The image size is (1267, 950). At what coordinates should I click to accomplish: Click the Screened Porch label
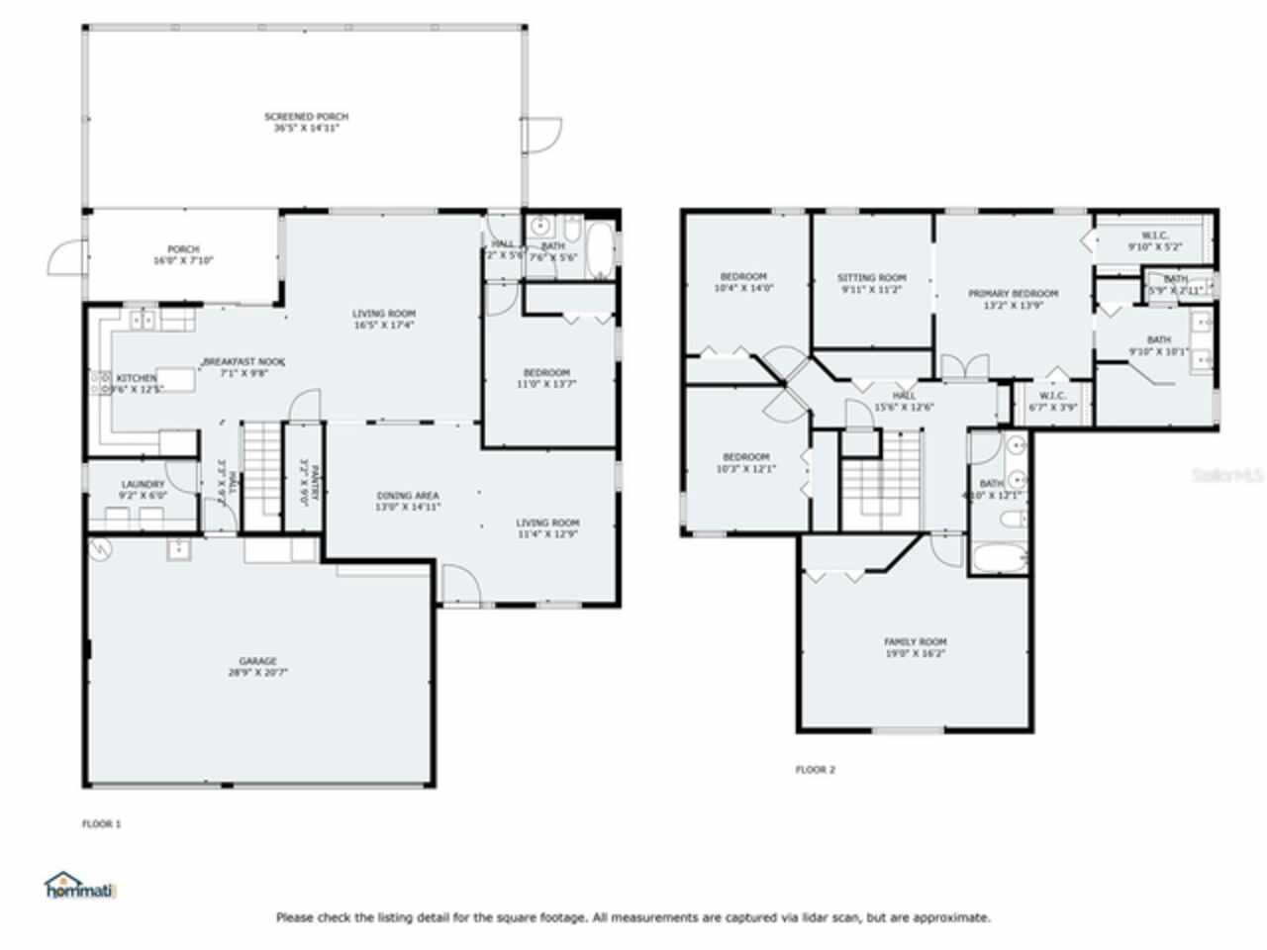[306, 117]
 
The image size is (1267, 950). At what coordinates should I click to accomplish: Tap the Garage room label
[257, 661]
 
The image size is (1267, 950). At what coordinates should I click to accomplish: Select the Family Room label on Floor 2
[915, 641]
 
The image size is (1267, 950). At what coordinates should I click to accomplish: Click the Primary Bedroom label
[1013, 294]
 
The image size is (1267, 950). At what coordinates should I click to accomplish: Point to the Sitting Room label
[871, 278]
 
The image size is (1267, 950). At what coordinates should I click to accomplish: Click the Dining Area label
[407, 496]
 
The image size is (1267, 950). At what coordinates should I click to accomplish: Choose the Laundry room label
[143, 485]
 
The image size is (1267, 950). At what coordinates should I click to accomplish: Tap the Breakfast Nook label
[237, 362]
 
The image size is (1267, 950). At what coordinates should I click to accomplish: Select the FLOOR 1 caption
[101, 823]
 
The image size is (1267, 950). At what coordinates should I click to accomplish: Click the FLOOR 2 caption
[816, 769]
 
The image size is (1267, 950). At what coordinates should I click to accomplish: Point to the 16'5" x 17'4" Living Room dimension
[383, 325]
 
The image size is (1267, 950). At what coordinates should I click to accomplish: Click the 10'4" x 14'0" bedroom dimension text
[743, 288]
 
